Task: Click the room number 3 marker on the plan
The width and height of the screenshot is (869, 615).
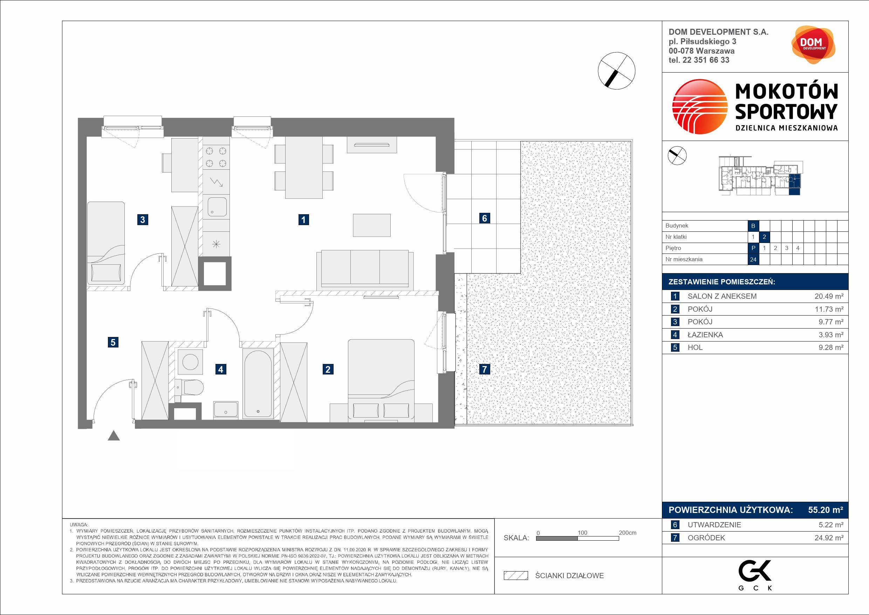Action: [142, 219]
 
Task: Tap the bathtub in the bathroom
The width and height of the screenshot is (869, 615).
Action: [259, 383]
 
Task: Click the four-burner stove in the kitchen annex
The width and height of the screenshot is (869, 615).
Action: [216, 157]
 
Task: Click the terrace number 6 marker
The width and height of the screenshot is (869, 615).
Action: [485, 218]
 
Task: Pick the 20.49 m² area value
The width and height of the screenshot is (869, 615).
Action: [829, 296]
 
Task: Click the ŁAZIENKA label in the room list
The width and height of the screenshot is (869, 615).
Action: [705, 335]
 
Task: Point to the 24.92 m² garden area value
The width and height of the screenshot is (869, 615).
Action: [829, 538]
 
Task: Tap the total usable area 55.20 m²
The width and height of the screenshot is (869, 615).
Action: [826, 510]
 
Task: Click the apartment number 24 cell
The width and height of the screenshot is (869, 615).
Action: [753, 259]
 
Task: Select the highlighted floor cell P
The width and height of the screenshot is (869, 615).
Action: [753, 248]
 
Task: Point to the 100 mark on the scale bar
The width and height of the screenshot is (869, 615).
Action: [582, 533]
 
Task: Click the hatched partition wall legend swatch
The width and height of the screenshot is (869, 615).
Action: [515, 576]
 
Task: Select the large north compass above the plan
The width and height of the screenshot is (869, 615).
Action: [617, 71]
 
